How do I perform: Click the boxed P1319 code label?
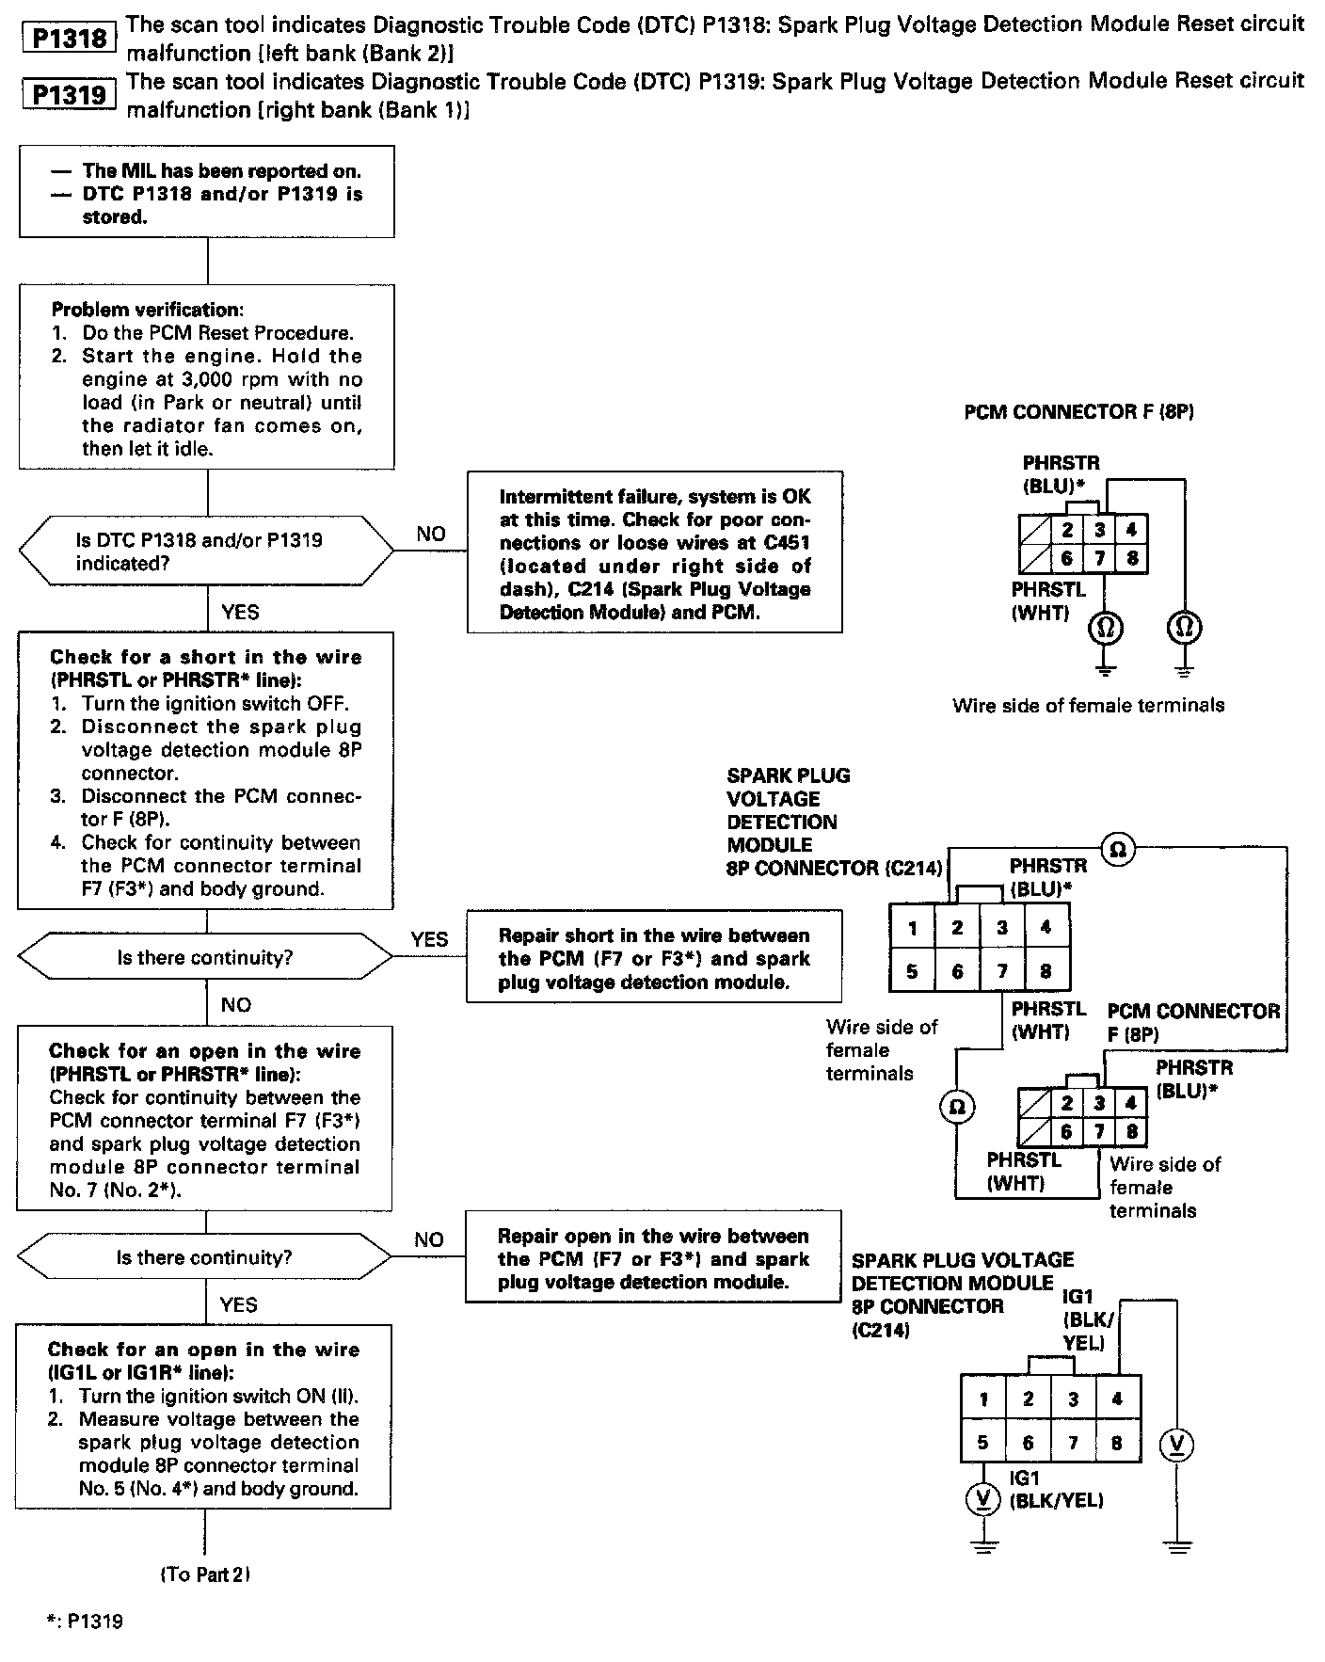69,95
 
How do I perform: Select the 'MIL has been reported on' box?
207,193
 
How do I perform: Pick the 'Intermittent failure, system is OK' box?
654,553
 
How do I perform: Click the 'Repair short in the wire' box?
654,958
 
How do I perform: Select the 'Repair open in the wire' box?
653,1258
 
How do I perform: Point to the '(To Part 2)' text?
205,1574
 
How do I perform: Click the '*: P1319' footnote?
84,1622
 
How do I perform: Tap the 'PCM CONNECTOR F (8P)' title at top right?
1078,412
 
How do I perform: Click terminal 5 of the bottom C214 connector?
982,1442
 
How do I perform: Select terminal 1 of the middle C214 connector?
912,928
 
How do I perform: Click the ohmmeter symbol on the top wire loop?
1118,850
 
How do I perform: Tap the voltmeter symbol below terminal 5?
982,1499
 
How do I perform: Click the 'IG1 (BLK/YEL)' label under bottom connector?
1055,1491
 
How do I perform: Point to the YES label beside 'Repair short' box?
429,939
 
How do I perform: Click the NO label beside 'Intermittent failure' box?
430,534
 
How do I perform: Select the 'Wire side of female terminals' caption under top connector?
1088,705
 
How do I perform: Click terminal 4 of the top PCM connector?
1131,530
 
